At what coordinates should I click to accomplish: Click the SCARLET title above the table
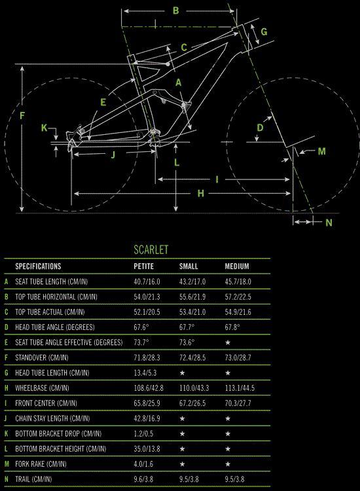click(x=151, y=249)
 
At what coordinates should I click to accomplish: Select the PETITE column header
click(x=144, y=266)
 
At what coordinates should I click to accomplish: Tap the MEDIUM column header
click(x=237, y=266)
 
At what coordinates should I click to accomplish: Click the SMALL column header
click(x=189, y=266)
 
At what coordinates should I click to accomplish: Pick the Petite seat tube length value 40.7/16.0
click(x=147, y=282)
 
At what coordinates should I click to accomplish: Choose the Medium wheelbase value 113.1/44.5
click(x=240, y=388)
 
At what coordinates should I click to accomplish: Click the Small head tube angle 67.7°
click(x=187, y=327)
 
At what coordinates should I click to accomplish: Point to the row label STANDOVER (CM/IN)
click(x=42, y=357)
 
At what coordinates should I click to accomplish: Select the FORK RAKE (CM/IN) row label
click(x=41, y=464)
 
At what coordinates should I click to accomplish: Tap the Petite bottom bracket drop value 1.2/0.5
click(x=143, y=433)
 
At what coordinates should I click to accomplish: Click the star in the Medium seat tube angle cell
click(x=228, y=342)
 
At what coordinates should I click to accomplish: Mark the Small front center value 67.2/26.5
click(x=192, y=403)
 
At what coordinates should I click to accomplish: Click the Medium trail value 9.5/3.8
click(x=234, y=479)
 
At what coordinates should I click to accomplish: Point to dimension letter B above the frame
click(x=176, y=10)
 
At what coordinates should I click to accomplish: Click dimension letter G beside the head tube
click(x=264, y=31)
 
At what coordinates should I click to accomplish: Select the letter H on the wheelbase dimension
click(x=201, y=194)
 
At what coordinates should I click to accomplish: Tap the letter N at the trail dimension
click(x=329, y=223)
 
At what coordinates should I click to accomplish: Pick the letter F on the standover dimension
click(x=22, y=116)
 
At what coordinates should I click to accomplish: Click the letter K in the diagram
click(x=44, y=128)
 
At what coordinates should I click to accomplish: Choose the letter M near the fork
click(x=322, y=151)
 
